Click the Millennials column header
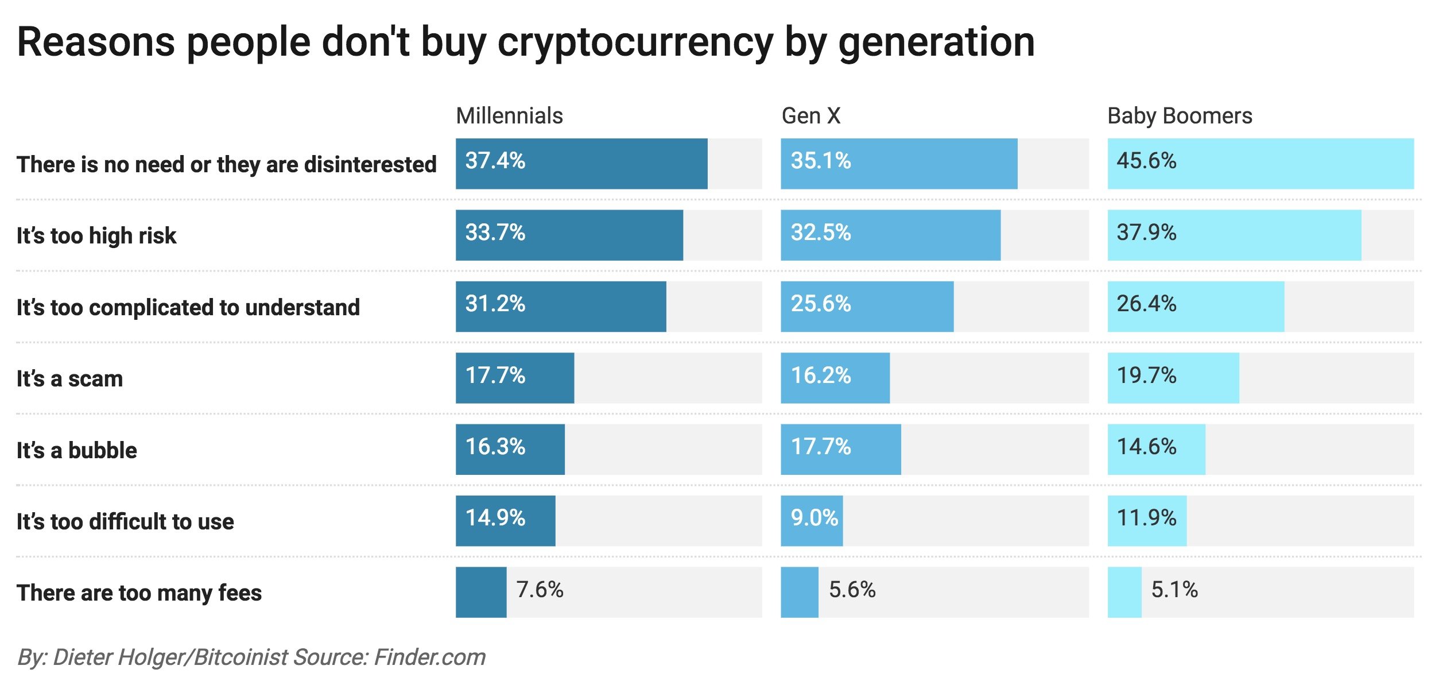[509, 116]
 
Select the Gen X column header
[810, 116]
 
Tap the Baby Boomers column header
[1180, 116]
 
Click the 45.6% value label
[1146, 161]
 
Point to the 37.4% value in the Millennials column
[495, 161]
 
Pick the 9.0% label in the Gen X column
[814, 518]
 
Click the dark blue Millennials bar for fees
[481, 592]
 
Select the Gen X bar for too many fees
[799, 592]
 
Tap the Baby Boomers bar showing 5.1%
[1124, 592]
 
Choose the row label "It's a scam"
[69, 379]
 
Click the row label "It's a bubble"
[77, 451]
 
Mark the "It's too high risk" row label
[96, 236]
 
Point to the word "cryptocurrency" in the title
[635, 43]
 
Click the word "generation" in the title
[937, 43]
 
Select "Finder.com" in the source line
[429, 657]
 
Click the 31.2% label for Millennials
[495, 304]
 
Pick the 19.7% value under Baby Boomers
[1146, 376]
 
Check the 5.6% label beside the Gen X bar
[852, 590]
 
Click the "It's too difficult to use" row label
[125, 522]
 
